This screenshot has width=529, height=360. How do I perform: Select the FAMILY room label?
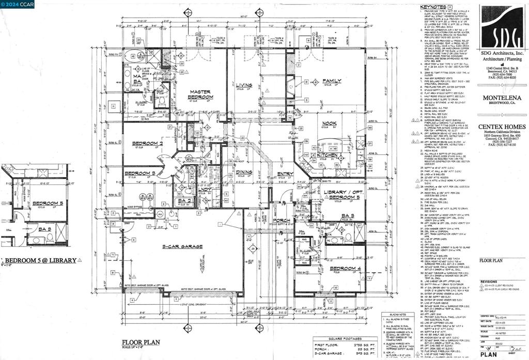pyautogui.click(x=331, y=81)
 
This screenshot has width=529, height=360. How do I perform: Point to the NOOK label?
pyautogui.click(x=329, y=123)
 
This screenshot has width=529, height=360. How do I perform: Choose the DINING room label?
pyautogui.click(x=244, y=173)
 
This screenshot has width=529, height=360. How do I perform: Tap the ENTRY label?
pyautogui.click(x=285, y=174)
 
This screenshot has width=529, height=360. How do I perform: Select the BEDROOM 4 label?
pyautogui.click(x=345, y=268)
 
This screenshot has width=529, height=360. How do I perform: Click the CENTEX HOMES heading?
pyautogui.click(x=502, y=127)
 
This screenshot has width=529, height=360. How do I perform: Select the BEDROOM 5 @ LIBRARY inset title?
pyautogui.click(x=42, y=260)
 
